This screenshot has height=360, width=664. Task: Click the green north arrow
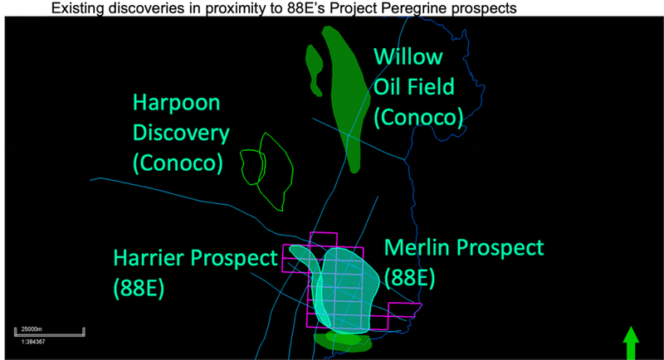tap(631, 343)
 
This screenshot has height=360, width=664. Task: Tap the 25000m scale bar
tap(50, 333)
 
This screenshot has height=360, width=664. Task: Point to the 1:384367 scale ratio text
tap(33, 342)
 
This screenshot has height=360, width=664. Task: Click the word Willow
tap(408, 56)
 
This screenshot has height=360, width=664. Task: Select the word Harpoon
tap(176, 104)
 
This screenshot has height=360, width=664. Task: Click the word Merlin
tap(417, 247)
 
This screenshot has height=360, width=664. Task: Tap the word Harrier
tap(149, 258)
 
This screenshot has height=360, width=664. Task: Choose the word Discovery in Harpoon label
tap(181, 134)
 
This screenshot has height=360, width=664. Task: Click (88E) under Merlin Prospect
tap(409, 278)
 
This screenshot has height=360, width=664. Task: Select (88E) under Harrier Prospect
tap(139, 289)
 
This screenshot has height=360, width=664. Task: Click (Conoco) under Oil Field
tap(418, 117)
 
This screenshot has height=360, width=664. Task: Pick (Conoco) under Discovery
tap(178, 163)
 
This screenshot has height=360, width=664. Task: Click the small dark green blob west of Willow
tap(315, 68)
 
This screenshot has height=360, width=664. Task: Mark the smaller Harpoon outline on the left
tap(253, 167)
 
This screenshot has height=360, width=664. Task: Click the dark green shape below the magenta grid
tap(343, 342)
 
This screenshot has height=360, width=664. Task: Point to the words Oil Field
tap(413, 87)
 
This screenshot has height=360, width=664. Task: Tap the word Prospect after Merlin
tap(500, 248)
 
